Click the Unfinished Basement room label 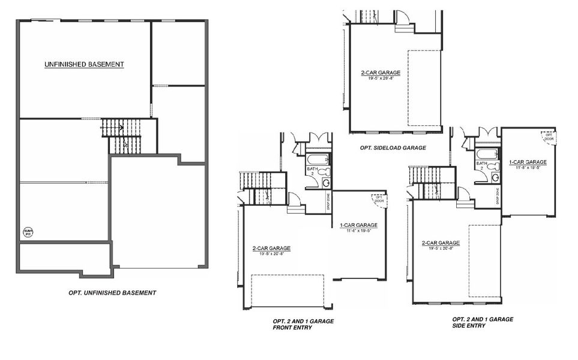pyautogui.click(x=84, y=64)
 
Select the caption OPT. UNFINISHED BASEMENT pyautogui.click(x=112, y=293)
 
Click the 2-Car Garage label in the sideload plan pyautogui.click(x=381, y=73)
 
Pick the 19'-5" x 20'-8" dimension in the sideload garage pyautogui.click(x=381, y=79)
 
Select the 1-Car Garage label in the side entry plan pyautogui.click(x=528, y=162)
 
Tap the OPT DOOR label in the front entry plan pyautogui.click(x=379, y=199)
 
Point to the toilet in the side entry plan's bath pyautogui.click(x=492, y=166)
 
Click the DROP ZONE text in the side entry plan pyautogui.click(x=499, y=194)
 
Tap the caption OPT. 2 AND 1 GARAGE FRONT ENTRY pyautogui.click(x=303, y=325)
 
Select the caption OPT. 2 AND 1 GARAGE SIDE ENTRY pyautogui.click(x=482, y=322)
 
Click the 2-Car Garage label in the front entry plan pyautogui.click(x=271, y=248)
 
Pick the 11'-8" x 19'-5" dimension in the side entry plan pyautogui.click(x=528, y=168)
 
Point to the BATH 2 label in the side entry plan pyautogui.click(x=481, y=166)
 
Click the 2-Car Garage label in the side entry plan pyautogui.click(x=441, y=242)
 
